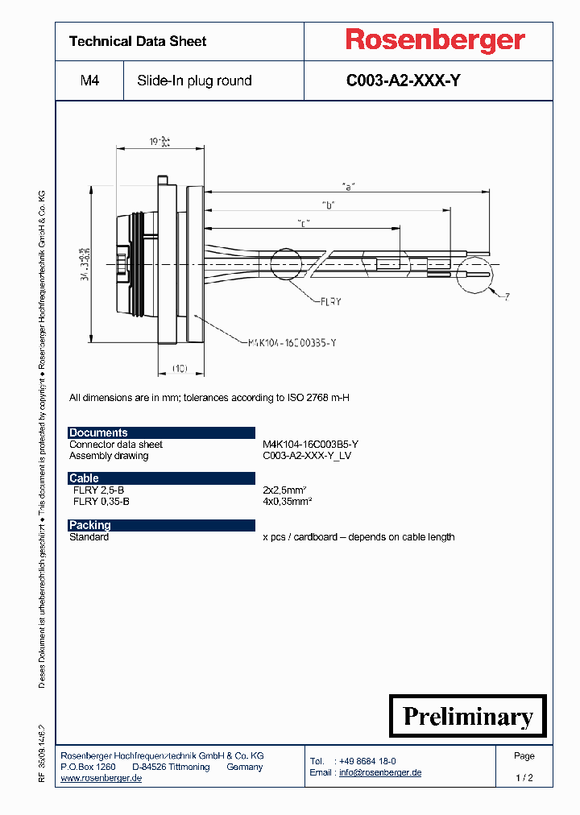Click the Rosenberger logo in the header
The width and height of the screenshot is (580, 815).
click(435, 40)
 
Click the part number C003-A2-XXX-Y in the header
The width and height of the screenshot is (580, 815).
click(403, 81)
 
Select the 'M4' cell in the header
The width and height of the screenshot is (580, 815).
click(89, 81)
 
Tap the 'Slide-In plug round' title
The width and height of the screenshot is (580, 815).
click(194, 81)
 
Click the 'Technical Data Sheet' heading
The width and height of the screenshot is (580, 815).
click(138, 41)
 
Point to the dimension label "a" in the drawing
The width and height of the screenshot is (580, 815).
click(348, 186)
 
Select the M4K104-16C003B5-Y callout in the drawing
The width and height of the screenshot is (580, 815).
click(289, 342)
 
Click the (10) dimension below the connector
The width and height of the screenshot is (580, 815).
click(180, 368)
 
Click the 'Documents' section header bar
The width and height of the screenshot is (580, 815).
click(161, 432)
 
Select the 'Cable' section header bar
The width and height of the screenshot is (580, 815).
click(161, 478)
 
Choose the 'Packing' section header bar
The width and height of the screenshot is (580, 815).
click(161, 525)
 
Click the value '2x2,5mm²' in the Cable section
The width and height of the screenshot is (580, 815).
click(287, 490)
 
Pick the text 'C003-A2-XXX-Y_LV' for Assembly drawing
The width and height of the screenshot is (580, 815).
click(307, 456)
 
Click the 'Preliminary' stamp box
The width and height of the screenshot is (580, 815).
click(468, 716)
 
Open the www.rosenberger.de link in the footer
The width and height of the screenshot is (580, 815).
click(101, 778)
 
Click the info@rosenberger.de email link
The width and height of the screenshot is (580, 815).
click(379, 772)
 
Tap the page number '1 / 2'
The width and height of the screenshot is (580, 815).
click(524, 778)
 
